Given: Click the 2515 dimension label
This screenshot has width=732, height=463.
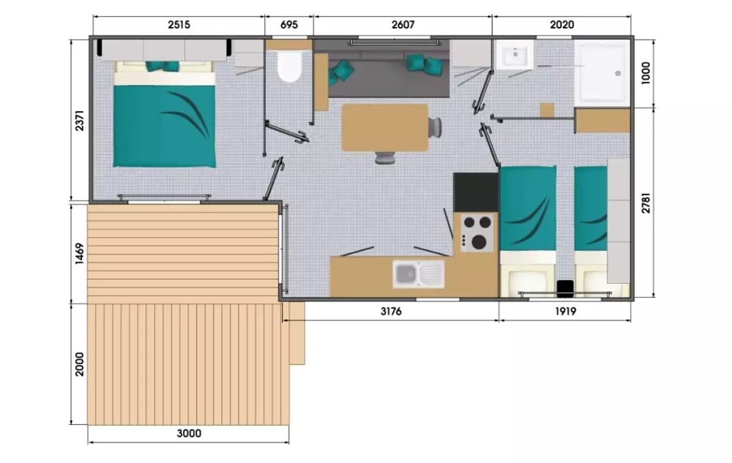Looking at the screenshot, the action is [x=179, y=25].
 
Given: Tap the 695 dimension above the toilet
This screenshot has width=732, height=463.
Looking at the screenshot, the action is [x=289, y=25].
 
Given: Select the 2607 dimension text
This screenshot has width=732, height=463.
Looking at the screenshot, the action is [x=403, y=25].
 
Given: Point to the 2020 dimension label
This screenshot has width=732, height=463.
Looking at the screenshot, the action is [x=561, y=25].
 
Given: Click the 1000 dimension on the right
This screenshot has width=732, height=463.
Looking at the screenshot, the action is [x=646, y=72].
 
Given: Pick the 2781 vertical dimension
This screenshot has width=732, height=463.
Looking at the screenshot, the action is [x=646, y=203].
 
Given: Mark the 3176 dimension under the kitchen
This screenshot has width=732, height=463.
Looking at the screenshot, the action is [x=391, y=312].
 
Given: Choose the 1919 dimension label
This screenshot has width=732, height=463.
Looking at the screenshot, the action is [x=565, y=312].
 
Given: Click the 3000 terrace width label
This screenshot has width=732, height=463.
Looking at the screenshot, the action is [x=189, y=434].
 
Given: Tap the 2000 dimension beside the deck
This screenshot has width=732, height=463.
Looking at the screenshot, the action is [x=80, y=364].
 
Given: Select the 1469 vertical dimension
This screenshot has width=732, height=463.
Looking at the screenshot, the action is [x=80, y=253].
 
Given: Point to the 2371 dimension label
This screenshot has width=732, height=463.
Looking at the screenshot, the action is [x=80, y=120].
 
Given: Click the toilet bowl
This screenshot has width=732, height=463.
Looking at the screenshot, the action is [x=289, y=66].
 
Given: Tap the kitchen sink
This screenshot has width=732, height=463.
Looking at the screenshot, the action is [x=418, y=274].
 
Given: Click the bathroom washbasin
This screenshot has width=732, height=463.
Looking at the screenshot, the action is [x=515, y=54].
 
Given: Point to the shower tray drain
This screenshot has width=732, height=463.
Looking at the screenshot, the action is [x=618, y=73].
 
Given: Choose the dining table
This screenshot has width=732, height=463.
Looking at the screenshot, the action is [x=385, y=128].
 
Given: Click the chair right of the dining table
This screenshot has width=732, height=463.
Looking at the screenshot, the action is [x=435, y=127].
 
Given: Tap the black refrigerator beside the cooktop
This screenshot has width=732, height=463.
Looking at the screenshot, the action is [x=476, y=192].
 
